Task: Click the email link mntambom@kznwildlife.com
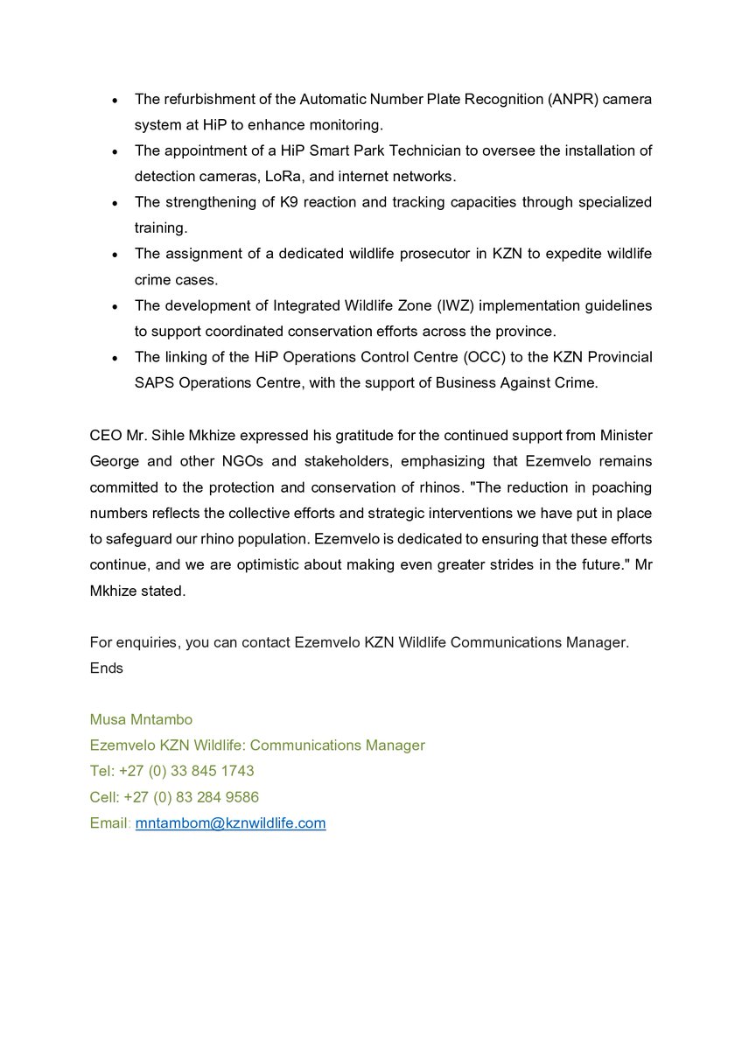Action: coord(230,823)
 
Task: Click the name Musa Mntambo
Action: coord(141,719)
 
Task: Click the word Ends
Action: coord(107,668)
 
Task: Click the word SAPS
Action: coord(152,383)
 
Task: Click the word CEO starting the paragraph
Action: coord(105,435)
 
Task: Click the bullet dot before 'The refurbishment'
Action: coord(115,100)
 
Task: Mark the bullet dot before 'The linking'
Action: coord(115,358)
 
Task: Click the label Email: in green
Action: coord(109,823)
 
